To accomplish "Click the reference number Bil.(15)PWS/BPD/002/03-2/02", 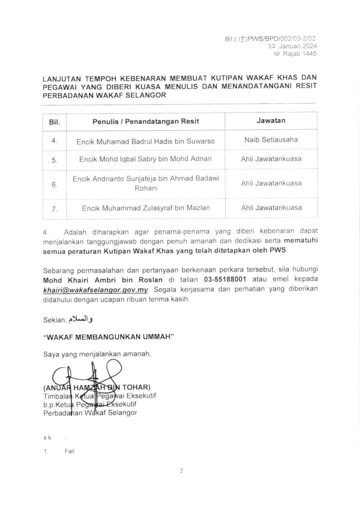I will [271, 38].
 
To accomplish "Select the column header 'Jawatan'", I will [271, 121].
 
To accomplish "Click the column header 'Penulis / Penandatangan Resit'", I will [146, 122].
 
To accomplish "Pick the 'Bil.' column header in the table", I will [54, 122].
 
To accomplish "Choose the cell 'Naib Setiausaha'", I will [271, 140].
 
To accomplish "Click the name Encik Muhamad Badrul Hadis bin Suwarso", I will [146, 141].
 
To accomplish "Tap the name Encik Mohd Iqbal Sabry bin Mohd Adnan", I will [146, 159].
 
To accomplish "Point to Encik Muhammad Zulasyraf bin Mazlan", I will [146, 207].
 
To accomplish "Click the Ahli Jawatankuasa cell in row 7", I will [271, 207].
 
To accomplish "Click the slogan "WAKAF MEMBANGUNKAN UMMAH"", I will [108, 337].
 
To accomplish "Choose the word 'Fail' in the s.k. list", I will [69, 451].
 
